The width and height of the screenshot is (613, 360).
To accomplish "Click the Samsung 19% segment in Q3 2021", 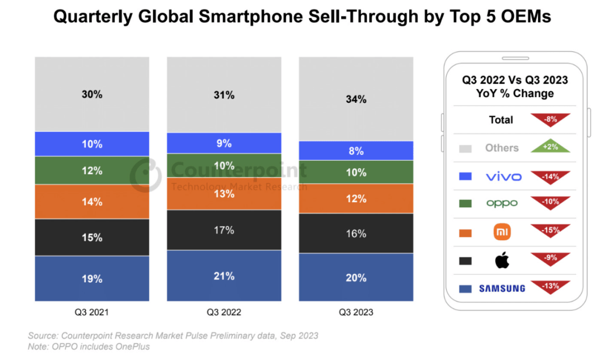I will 91,279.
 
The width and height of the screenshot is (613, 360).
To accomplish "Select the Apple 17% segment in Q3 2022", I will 224,230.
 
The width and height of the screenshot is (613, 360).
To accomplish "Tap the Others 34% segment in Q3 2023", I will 356,99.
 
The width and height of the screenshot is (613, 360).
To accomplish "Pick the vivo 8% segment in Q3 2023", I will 356,151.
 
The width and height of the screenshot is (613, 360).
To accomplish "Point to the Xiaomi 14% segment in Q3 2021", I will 91,202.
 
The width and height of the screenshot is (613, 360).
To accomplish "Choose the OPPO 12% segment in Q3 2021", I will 91,170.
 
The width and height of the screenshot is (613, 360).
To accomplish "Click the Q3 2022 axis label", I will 224,312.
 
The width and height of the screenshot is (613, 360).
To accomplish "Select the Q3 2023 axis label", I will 356,312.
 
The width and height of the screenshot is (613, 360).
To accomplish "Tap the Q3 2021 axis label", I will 91,312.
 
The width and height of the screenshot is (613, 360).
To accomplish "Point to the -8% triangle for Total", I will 550,120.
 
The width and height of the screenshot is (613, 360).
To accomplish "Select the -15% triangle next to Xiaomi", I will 550,231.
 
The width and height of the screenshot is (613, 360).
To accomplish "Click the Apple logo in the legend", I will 502,261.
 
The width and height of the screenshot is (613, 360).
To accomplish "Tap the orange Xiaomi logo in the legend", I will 502,232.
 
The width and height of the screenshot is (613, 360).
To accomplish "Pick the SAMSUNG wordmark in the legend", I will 502,288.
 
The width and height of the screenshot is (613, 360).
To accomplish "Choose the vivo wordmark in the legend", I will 503,177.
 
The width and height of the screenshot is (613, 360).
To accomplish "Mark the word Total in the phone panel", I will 501,120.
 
